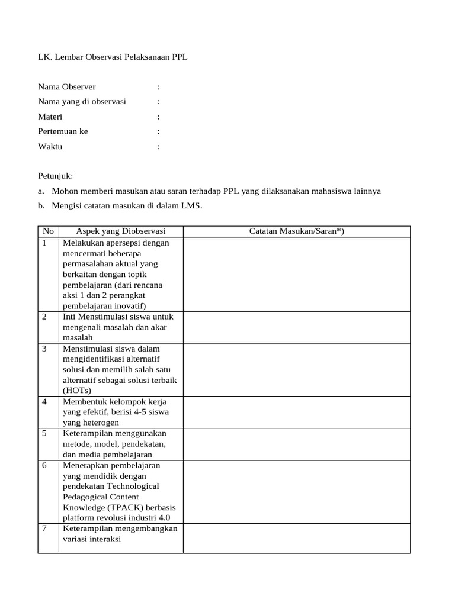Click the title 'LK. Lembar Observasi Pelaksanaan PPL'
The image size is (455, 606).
pyautogui.click(x=113, y=57)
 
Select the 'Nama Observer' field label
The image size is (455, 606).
pyautogui.click(x=66, y=87)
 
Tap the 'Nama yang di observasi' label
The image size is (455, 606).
pyautogui.click(x=82, y=102)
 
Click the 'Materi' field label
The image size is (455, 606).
pyautogui.click(x=50, y=117)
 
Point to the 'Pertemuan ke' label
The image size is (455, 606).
pyautogui.click(x=63, y=131)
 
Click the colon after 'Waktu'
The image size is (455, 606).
pyautogui.click(x=158, y=147)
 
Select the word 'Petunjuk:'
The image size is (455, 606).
pyautogui.click(x=55, y=176)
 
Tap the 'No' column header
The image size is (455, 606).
pyautogui.click(x=48, y=231)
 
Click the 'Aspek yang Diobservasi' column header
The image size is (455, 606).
pyautogui.click(x=121, y=231)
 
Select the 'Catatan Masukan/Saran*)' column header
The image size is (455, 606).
pyautogui.click(x=296, y=231)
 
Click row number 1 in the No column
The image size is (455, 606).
pyautogui.click(x=44, y=243)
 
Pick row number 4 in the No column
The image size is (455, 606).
pyautogui.click(x=44, y=402)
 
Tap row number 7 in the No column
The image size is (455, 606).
pyautogui.click(x=44, y=528)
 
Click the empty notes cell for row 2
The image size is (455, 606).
pyautogui.click(x=296, y=327)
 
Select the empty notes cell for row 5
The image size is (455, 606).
pyautogui.click(x=296, y=444)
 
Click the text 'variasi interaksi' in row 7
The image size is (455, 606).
pyautogui.click(x=92, y=539)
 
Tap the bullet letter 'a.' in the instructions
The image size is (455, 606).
pyautogui.click(x=41, y=191)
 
